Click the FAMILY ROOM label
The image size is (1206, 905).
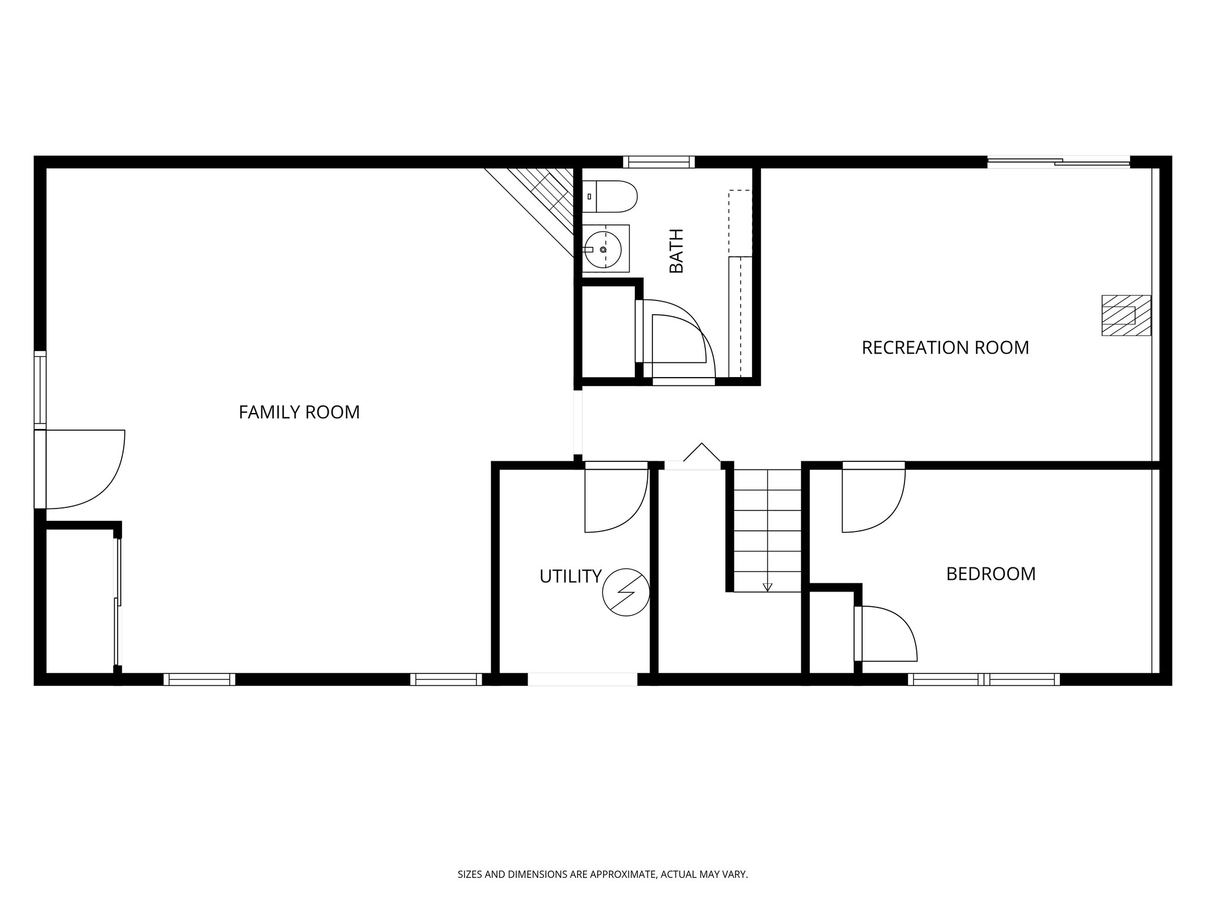pos(299,412)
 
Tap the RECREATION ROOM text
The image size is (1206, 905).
pos(945,348)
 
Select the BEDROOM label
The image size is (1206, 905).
pos(990,574)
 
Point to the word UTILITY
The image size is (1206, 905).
pos(570,576)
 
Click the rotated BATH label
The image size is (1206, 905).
pos(677,251)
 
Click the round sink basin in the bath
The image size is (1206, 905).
pos(602,250)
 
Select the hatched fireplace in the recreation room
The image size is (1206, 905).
pos(1126,315)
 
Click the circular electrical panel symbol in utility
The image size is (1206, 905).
pos(625,592)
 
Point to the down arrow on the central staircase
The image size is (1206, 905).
pos(767,586)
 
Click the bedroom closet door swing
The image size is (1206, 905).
pos(886,633)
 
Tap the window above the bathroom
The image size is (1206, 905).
pos(658,161)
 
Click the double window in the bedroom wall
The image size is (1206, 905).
pos(983,679)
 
